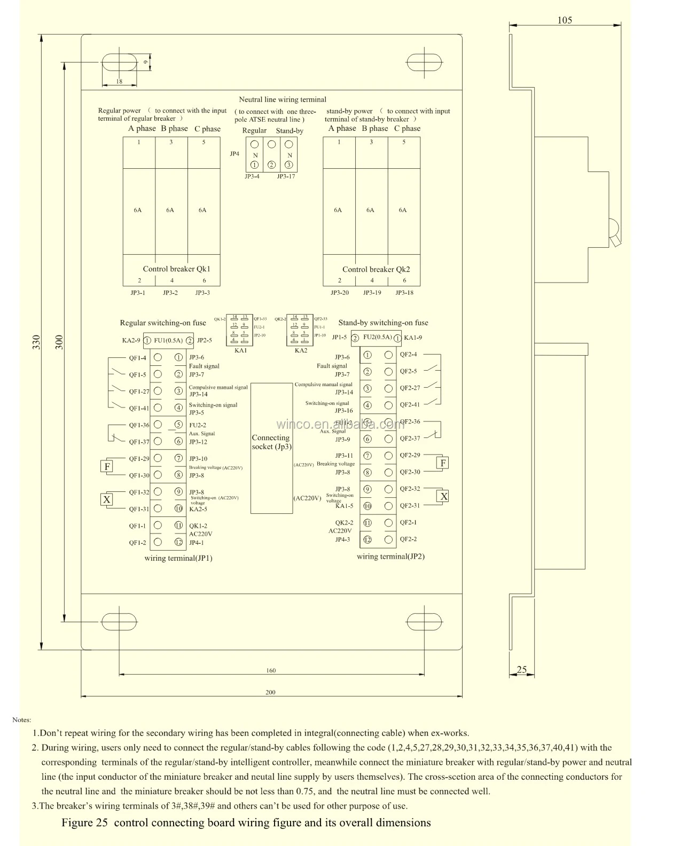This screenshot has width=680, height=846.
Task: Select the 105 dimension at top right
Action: click(x=564, y=20)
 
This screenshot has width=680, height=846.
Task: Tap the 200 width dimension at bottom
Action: click(x=270, y=692)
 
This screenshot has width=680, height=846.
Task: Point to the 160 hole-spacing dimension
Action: click(x=271, y=670)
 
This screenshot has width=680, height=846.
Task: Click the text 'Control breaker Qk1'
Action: click(x=176, y=269)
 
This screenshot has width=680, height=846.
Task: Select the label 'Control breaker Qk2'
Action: click(x=376, y=270)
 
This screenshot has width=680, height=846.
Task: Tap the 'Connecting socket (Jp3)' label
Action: click(x=271, y=442)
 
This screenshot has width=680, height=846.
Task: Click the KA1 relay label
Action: click(x=240, y=350)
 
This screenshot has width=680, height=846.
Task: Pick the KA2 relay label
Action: click(x=301, y=350)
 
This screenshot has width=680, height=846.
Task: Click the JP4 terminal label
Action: click(x=235, y=154)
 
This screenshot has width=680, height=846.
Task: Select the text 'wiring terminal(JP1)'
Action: click(x=178, y=558)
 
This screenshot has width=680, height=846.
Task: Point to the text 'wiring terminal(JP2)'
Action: click(x=390, y=557)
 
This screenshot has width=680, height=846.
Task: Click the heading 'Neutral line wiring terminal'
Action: click(x=282, y=99)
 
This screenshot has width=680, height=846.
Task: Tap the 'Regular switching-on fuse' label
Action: click(x=162, y=323)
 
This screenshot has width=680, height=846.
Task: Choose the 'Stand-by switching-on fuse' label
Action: click(x=383, y=323)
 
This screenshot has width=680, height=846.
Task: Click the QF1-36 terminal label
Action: click(x=139, y=425)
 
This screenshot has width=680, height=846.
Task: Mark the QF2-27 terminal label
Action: click(x=410, y=388)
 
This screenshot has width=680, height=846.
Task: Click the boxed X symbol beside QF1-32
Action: click(x=107, y=500)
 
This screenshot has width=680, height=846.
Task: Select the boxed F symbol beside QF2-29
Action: click(x=442, y=463)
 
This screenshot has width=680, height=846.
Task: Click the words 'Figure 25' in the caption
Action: click(x=84, y=822)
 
